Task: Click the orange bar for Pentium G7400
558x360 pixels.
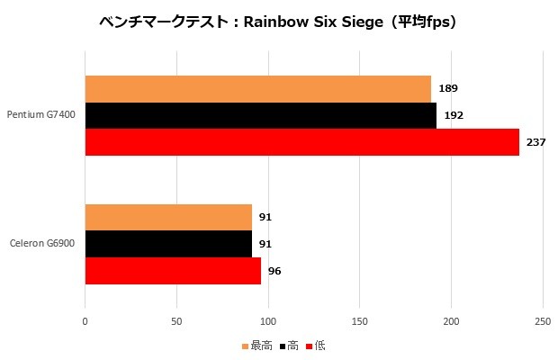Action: coord(257,89)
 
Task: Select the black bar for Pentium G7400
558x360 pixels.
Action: coord(260,115)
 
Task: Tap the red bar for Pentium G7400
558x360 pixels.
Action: coord(301,141)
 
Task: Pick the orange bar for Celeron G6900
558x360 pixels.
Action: coord(168,217)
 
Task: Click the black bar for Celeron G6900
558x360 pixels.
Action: coord(168,244)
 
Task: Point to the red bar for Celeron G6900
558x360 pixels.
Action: coord(173,270)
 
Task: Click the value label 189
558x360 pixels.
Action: coord(447,89)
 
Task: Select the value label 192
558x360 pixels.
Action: coord(453,115)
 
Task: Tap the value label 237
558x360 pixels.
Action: coord(535,142)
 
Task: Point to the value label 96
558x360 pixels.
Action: coord(274,271)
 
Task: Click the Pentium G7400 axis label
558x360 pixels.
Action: coord(41,115)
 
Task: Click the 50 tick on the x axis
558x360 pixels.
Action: coord(176,321)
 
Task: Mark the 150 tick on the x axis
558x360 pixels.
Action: coord(359,321)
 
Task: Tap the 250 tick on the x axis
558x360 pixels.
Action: coord(542,321)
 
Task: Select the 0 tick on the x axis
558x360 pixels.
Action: coord(85,321)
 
